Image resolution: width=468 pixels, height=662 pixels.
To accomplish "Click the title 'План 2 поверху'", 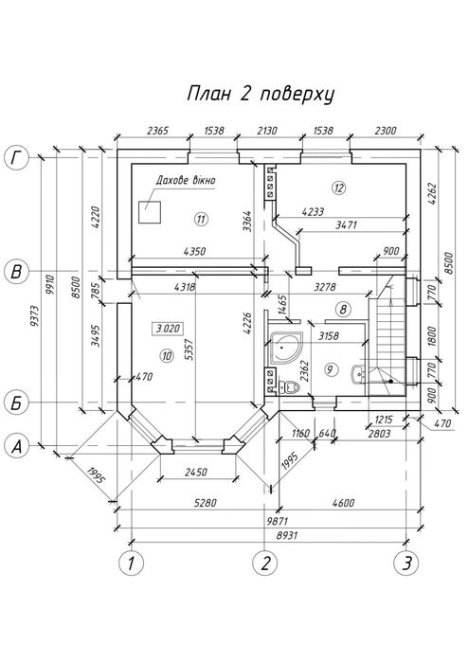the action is pyautogui.click(x=261, y=94).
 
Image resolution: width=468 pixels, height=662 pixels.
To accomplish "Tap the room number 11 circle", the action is pyautogui.click(x=202, y=219).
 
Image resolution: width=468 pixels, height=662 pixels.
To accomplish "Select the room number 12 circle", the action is pyautogui.click(x=339, y=188).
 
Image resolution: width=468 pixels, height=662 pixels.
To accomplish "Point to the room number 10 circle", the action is pyautogui.click(x=167, y=356).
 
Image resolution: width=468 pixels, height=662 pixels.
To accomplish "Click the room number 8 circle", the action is pyautogui.click(x=343, y=310).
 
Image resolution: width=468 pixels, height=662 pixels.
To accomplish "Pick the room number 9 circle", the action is pyautogui.click(x=331, y=370).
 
